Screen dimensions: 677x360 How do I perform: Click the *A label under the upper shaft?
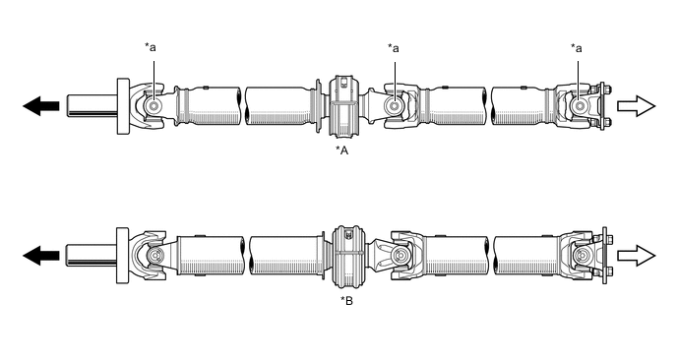[x=342, y=150]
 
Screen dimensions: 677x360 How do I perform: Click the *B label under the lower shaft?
[x=346, y=300]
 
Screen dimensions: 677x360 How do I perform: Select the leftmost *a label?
[x=151, y=47]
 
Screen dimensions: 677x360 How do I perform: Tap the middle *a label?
[x=394, y=48]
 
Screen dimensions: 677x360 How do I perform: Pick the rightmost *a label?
[x=577, y=48]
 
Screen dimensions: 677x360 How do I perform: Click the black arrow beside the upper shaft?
[x=41, y=106]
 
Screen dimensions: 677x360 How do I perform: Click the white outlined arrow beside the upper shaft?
[x=637, y=106]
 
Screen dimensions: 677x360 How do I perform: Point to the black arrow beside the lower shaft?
[x=41, y=256]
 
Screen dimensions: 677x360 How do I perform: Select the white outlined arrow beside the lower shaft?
[x=637, y=256]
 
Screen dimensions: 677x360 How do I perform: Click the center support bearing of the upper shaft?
[x=343, y=106]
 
